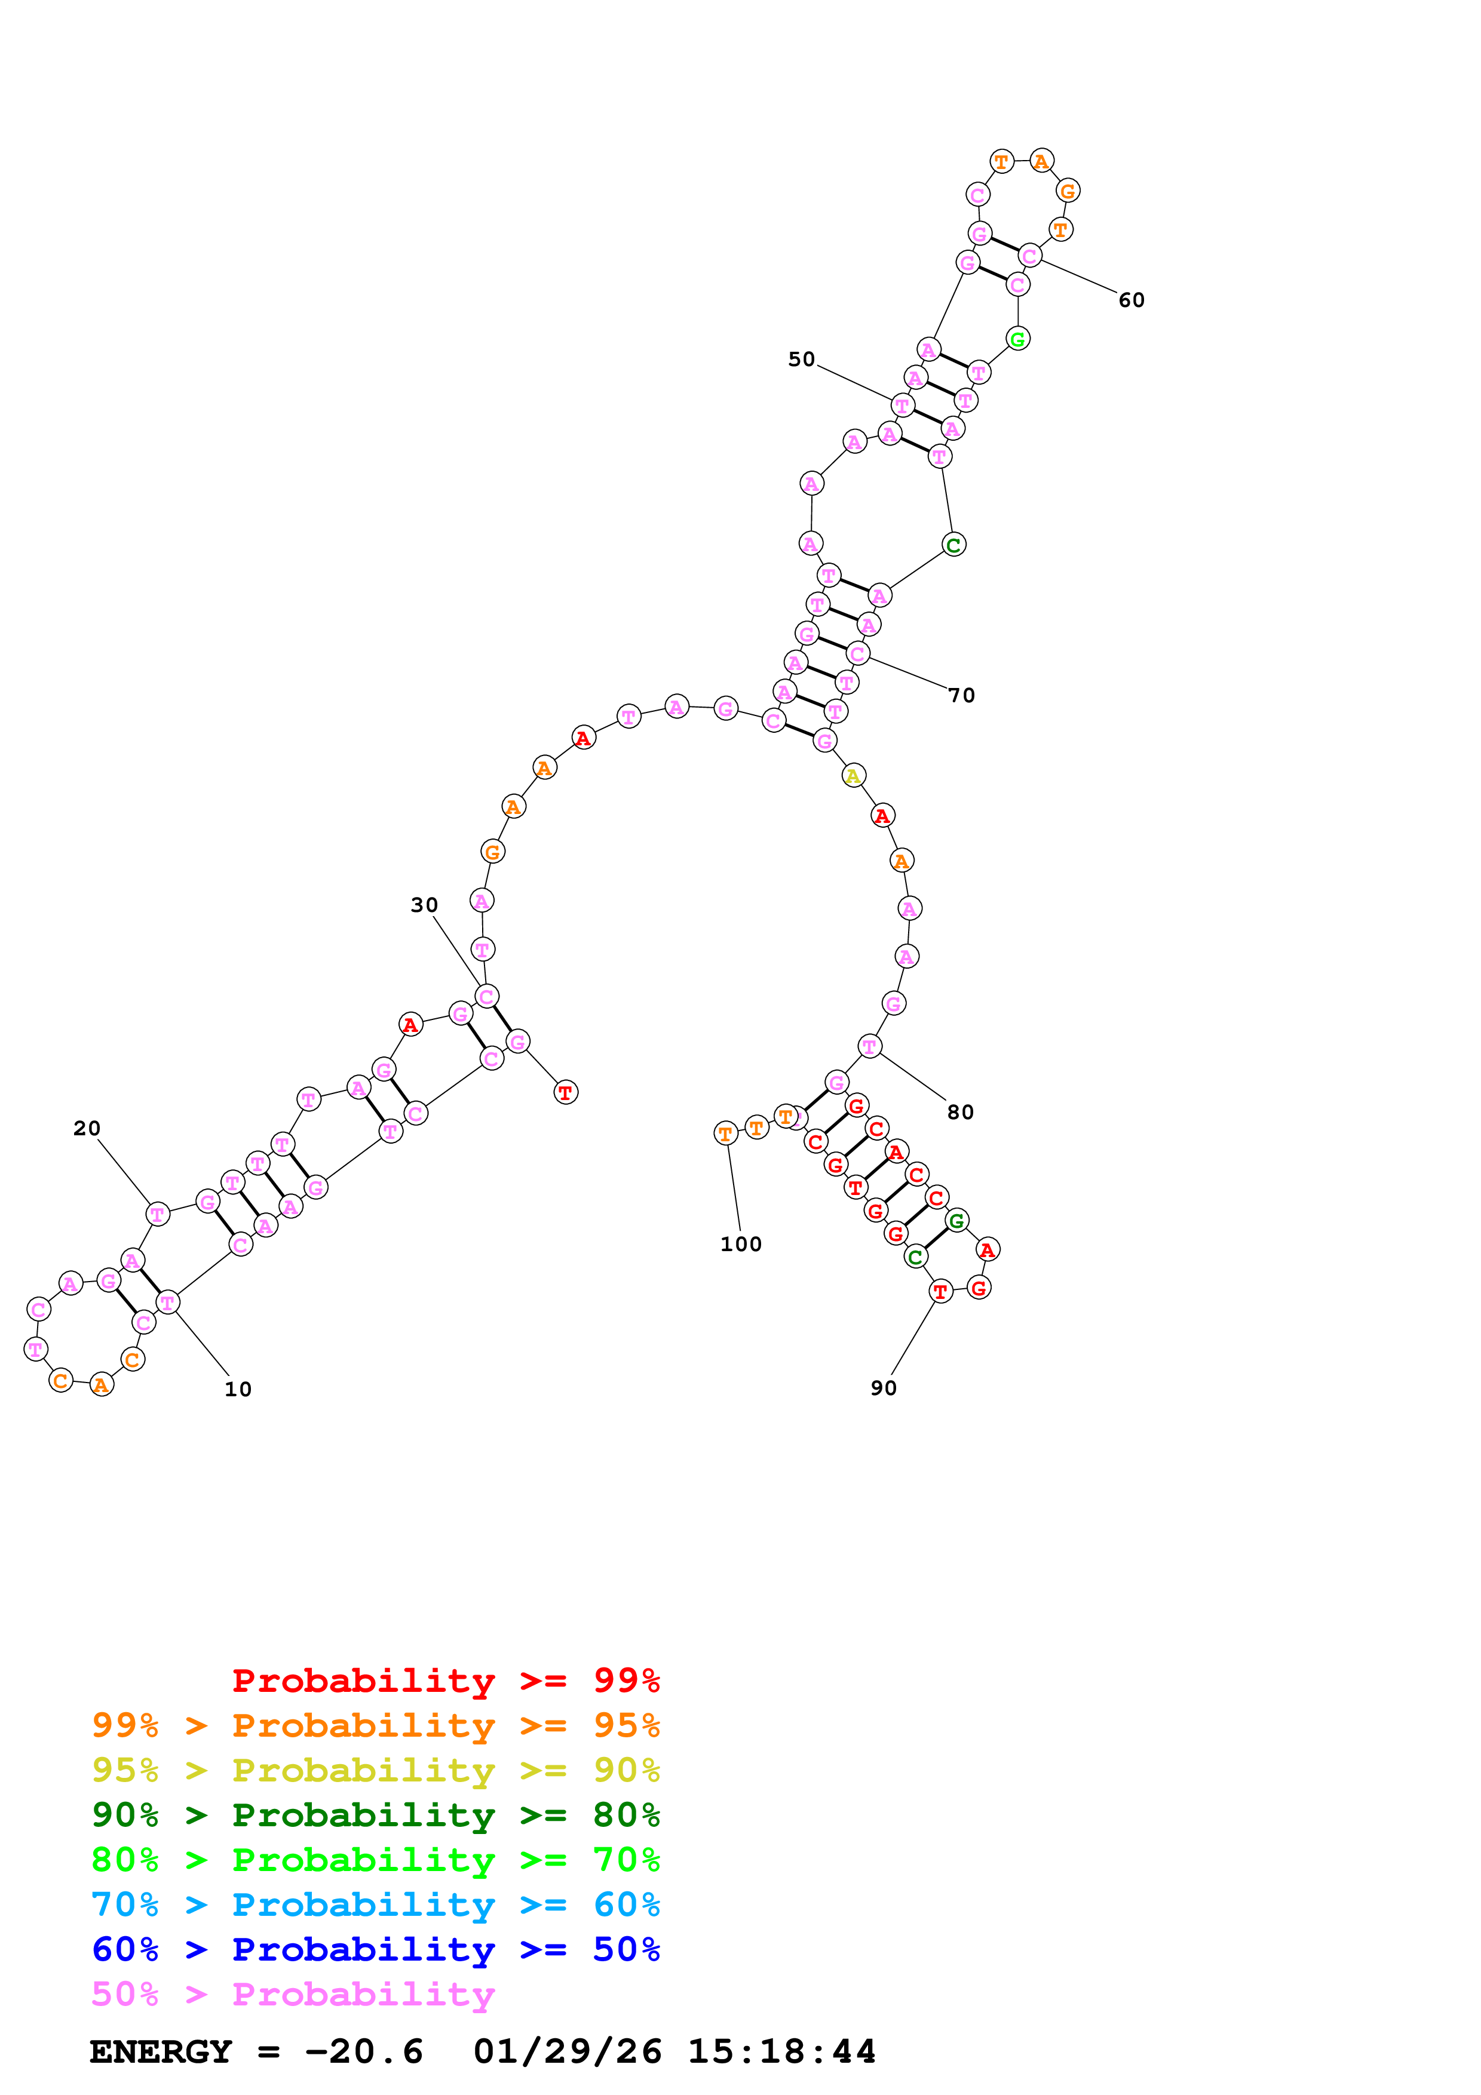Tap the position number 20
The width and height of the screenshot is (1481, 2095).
coord(87,1129)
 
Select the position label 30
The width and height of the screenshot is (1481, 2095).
coord(424,905)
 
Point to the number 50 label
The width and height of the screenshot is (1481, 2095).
coord(801,360)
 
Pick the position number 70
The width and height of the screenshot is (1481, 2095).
coord(962,695)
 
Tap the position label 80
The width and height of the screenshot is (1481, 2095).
coord(960,1112)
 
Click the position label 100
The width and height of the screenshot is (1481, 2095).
coord(740,1245)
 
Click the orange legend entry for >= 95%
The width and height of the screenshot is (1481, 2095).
coord(375,1725)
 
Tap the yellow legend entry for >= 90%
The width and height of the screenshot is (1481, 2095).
coord(375,1770)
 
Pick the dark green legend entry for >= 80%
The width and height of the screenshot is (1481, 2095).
coord(375,1815)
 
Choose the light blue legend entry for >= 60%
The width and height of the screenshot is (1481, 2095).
coord(375,1904)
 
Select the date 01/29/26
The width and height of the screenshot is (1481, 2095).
coord(567,2052)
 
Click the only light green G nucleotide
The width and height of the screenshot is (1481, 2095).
coord(1017,339)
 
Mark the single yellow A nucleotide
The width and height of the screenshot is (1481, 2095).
coord(853,776)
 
